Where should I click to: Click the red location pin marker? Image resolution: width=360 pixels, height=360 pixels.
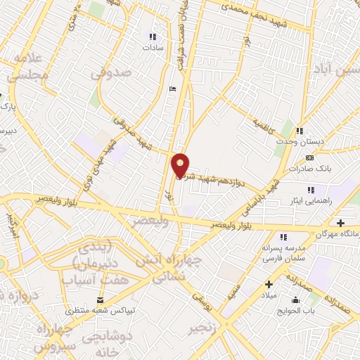180,166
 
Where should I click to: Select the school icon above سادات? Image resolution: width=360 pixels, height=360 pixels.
152,37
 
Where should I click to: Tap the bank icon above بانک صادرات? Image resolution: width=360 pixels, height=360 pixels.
309,157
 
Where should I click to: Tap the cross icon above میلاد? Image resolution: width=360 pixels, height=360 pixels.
269,284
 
